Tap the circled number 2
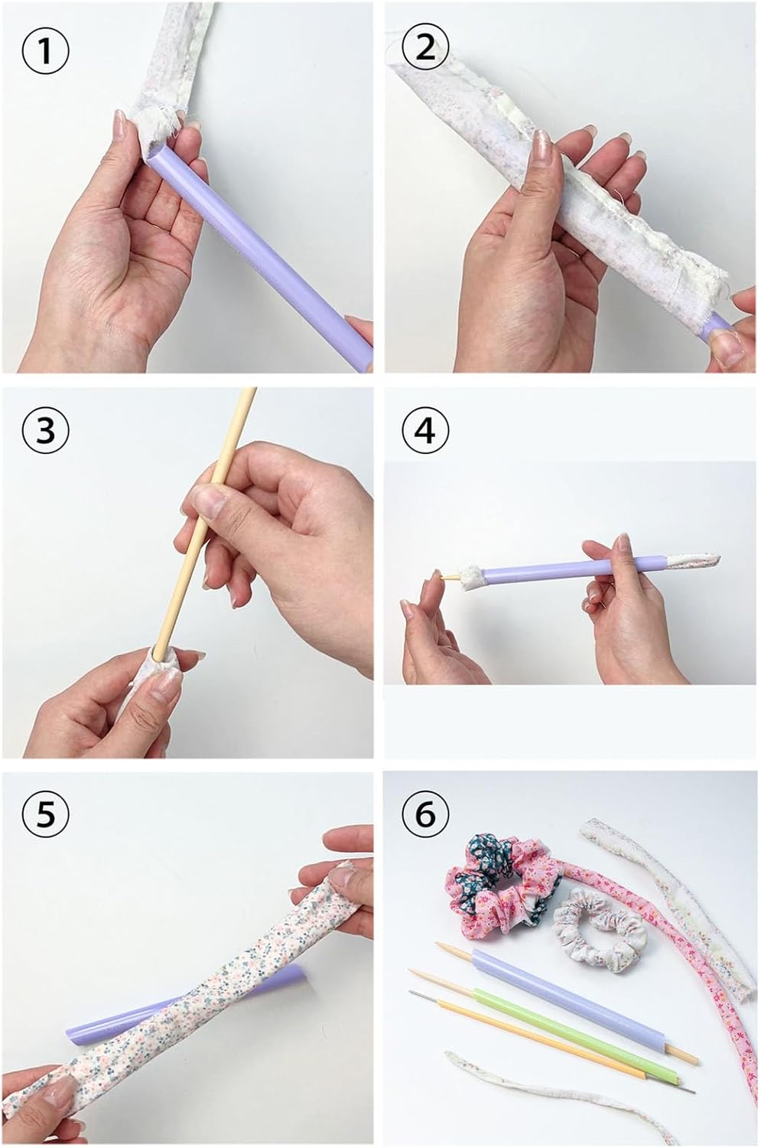click(425, 51)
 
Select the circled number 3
click(45, 430)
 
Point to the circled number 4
click(425, 430)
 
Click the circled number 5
click(45, 815)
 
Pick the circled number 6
click(425, 815)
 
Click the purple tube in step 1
click(256, 251)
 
